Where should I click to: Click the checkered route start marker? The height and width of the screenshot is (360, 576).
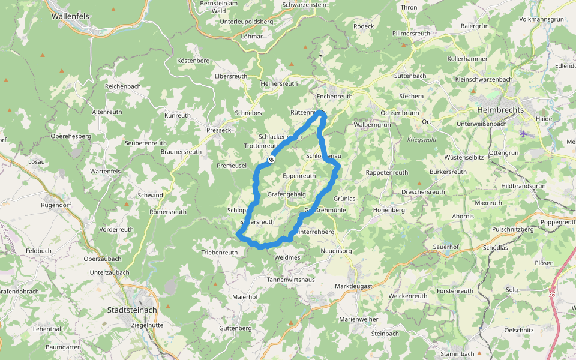pos(272,160)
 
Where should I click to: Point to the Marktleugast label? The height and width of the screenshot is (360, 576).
pos(353,286)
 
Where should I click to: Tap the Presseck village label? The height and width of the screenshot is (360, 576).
pos(218,130)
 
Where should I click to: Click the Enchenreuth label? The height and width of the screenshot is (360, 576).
pos(334,96)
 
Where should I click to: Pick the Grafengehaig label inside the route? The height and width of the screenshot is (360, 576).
pos(286,194)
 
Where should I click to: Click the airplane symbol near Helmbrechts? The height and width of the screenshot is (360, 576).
pos(524,133)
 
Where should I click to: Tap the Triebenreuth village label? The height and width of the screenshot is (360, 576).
pos(219,253)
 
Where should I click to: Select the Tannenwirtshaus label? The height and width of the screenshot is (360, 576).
pos(291,280)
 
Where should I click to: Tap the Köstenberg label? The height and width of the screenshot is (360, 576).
pos(193,61)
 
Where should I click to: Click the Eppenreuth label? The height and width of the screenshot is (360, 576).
pos(299,176)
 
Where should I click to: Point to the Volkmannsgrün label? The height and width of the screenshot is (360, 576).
pos(541,19)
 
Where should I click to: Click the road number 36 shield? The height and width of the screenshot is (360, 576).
pos(551,294)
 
